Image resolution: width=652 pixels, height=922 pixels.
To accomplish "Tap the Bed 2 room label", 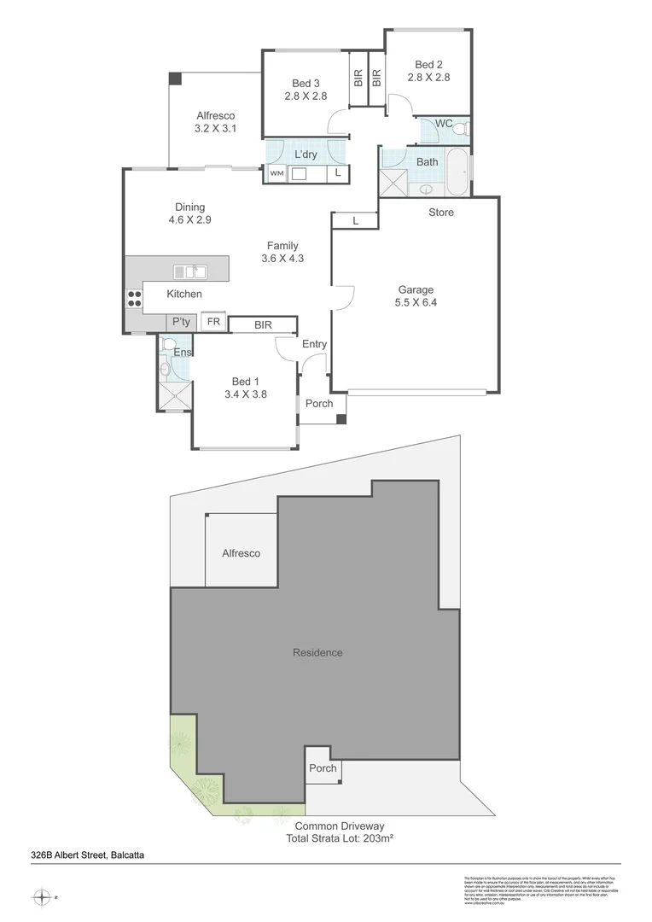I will click(x=428, y=70).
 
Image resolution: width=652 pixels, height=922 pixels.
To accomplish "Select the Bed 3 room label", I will click(x=306, y=90).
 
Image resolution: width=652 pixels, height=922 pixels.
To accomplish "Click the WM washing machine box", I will click(x=277, y=173).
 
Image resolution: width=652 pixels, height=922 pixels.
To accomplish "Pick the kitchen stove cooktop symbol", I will click(x=134, y=298).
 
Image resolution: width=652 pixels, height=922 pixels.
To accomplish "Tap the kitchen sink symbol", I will click(x=190, y=271).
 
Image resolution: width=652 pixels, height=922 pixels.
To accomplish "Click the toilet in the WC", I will click(x=460, y=129).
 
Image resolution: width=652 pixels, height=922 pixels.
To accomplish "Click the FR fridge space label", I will click(x=213, y=322).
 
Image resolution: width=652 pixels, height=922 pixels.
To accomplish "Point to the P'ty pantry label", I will click(x=180, y=322).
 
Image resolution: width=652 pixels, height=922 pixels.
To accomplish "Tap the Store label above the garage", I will click(x=441, y=212).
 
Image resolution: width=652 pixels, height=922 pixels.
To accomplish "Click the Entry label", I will click(x=314, y=344).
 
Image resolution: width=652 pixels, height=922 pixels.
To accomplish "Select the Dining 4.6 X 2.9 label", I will click(x=190, y=213).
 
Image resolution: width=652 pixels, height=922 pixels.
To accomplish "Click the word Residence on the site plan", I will click(x=317, y=652).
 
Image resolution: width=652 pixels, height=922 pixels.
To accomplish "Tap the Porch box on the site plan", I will click(x=323, y=768).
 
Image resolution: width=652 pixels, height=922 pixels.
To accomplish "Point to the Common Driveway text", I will click(x=340, y=826).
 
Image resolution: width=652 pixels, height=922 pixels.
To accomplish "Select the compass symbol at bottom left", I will click(x=42, y=897).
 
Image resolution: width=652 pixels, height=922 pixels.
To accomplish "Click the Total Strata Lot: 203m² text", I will click(x=340, y=838).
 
